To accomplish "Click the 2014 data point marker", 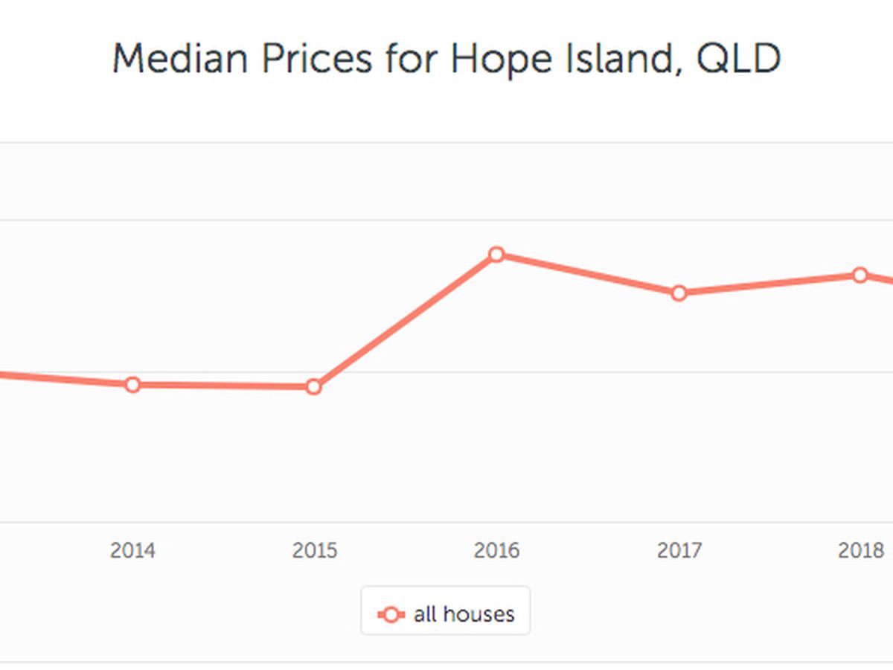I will (x=132, y=385).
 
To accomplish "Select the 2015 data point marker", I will (x=314, y=387).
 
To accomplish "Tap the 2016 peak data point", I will (x=496, y=255).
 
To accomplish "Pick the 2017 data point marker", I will (x=679, y=293).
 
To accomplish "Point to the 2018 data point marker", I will (x=860, y=275).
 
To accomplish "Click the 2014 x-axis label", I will (x=132, y=551).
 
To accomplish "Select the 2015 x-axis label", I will (x=314, y=551).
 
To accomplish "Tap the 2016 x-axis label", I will (x=496, y=551).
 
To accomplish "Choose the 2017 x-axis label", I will (x=679, y=551).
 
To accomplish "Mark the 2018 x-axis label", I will (x=860, y=551).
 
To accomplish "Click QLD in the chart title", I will (x=738, y=58).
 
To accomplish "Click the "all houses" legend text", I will (x=464, y=614).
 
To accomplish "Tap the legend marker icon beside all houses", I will (x=391, y=615).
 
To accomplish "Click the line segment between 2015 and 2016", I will (x=406, y=321).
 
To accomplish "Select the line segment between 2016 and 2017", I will (x=588, y=274).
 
